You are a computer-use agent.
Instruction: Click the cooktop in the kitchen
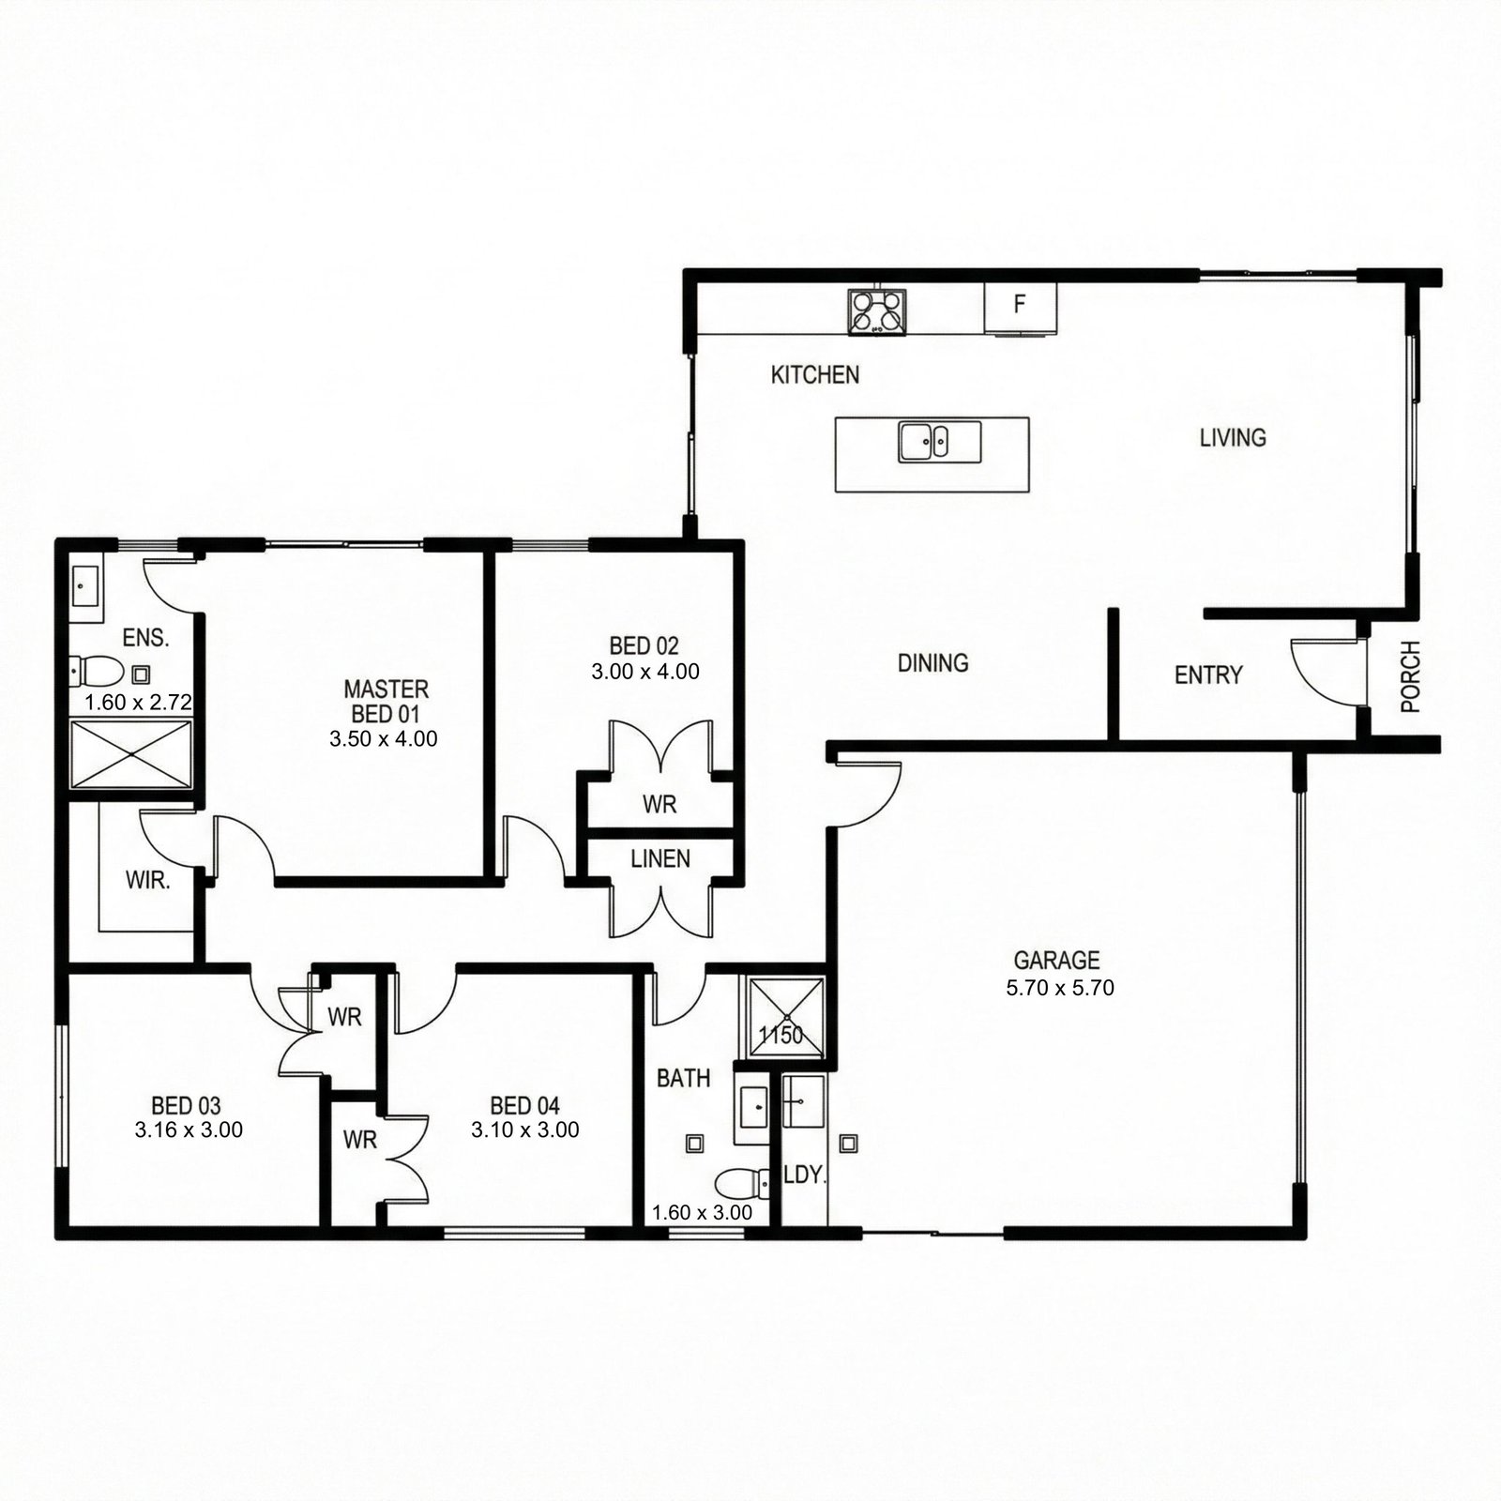[877, 312]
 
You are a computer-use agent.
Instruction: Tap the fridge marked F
[1020, 307]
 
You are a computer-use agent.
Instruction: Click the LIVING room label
[1233, 437]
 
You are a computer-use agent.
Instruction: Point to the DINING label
[932, 663]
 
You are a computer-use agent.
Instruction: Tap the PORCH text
[1410, 676]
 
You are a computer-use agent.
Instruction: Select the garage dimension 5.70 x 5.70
[1059, 988]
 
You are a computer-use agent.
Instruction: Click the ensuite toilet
[98, 671]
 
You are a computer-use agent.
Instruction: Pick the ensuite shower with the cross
[131, 753]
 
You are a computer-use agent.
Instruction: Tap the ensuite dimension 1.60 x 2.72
[138, 702]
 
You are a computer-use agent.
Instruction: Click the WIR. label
[148, 880]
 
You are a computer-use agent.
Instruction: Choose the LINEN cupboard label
[660, 858]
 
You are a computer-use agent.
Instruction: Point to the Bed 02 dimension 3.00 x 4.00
[644, 672]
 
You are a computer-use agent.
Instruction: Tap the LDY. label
[805, 1175]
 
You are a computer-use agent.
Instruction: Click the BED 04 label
[524, 1106]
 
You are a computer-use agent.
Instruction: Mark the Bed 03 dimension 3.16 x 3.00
[189, 1130]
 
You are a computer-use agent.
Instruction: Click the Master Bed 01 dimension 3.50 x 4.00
[383, 739]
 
